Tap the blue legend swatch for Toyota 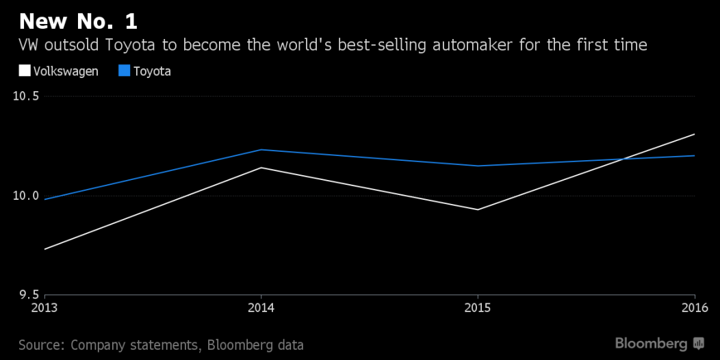[125, 70]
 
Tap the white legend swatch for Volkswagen [24, 70]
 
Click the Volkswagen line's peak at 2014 [261, 167]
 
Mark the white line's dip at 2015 [478, 209]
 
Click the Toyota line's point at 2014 [261, 149]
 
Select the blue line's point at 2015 [478, 166]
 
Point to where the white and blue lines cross [621, 159]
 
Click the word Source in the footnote [41, 344]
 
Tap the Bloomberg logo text [651, 343]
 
